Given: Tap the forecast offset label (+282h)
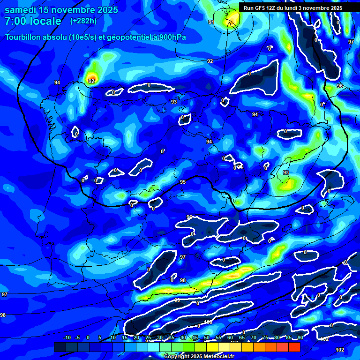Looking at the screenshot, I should pos(84,21).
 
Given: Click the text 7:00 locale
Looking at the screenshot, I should pos(33,21).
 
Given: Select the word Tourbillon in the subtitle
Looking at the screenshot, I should pos(23,37).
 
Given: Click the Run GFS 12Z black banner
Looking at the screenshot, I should pos(293,8).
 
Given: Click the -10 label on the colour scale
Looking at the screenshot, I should pos(67,337).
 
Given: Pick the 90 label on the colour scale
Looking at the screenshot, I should pos(300,337).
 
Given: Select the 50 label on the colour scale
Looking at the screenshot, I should pos(207,337).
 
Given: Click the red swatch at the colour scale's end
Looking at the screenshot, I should pos(294,347).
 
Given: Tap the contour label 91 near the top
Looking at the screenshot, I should pos(211,22).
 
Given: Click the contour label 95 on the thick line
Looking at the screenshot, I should pos(183,182).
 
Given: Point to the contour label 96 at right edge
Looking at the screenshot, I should pos(340,86).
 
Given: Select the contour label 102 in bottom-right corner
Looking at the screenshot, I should pos(340,350).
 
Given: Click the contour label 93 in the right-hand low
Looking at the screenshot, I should pos(285,172).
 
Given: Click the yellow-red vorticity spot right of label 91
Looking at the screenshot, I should pos(231,20).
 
